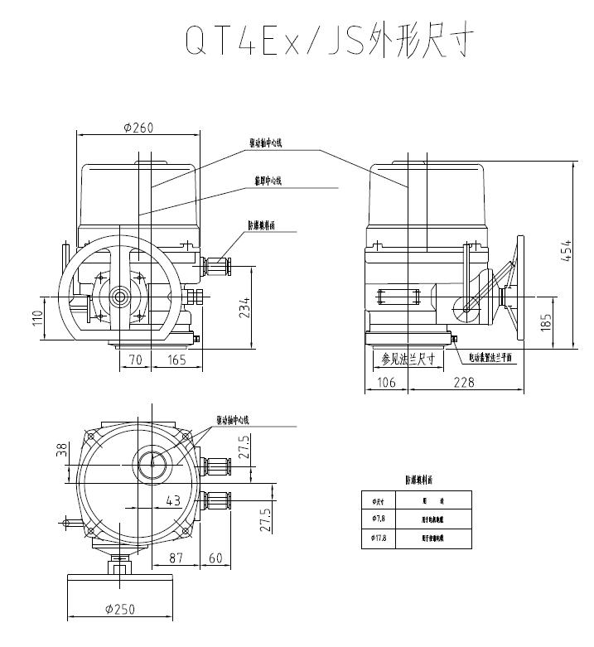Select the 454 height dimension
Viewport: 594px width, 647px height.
(x=566, y=248)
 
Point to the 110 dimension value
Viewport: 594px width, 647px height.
(x=37, y=318)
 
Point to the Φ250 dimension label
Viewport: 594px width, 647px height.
(x=121, y=610)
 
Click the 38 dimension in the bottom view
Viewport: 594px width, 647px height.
(x=60, y=450)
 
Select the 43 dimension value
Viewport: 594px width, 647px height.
(x=173, y=500)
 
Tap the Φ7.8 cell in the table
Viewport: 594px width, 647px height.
(x=379, y=519)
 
